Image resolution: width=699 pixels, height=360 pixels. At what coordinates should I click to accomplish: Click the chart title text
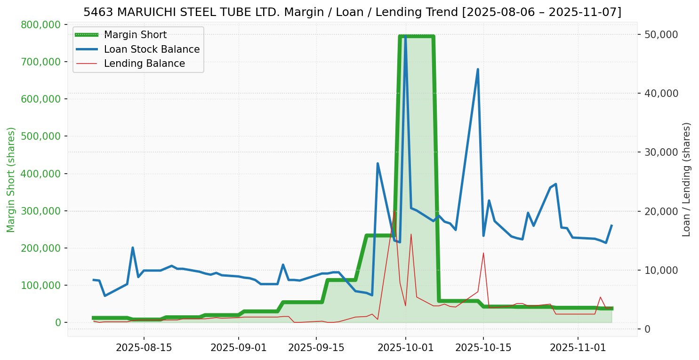pos(352,12)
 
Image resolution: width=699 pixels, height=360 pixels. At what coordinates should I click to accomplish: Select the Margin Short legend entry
pos(135,35)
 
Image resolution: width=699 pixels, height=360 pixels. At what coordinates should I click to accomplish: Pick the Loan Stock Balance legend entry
pos(152,49)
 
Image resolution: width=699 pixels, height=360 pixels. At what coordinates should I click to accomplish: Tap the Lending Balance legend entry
pos(144,64)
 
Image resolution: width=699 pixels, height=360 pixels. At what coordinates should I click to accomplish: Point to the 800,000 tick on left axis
pos(41,24)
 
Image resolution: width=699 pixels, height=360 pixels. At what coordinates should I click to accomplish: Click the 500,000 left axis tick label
pos(41,136)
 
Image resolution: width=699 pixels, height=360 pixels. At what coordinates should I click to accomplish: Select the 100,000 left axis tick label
pos(41,285)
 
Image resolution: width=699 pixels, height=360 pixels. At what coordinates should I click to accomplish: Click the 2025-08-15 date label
pos(144,348)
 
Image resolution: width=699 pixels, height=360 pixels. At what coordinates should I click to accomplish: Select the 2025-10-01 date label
pos(405,348)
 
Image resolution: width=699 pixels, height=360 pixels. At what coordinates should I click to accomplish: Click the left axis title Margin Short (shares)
pos(11,180)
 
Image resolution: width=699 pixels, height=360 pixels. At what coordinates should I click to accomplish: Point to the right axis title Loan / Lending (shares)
pos(686,180)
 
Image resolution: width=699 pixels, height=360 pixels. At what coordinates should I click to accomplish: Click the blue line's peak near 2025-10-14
pos(478,69)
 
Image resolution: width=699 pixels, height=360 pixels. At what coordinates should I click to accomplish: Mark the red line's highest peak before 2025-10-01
pos(394,211)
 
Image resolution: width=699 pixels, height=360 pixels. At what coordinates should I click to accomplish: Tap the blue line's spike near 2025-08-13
pos(133,248)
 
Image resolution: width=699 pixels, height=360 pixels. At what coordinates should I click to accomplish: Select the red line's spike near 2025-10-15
pos(483,253)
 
